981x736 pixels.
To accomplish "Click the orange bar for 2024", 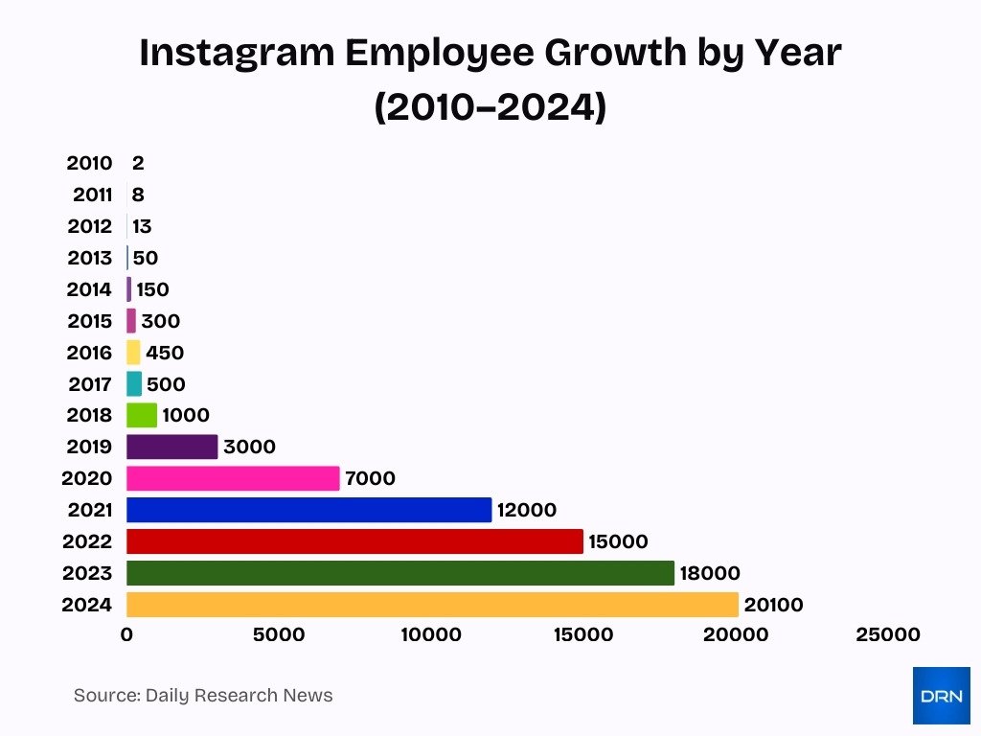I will pos(431,605).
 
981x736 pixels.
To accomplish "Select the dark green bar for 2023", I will pos(399,573).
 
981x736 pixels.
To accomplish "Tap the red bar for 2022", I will pos(354,541).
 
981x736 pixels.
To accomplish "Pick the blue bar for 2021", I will pos(308,510).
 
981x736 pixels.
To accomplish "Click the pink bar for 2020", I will pos(233,478).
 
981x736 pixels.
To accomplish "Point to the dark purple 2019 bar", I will pos(171,447).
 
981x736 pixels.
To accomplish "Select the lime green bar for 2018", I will pos(142,415).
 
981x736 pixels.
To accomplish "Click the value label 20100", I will pos(773,605).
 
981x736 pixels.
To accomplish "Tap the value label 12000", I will pos(527,510).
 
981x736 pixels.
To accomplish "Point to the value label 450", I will pos(165,353).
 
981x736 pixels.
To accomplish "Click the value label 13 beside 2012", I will pos(142,227).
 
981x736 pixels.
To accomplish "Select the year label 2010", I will pos(89,163).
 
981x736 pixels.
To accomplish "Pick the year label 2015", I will pos(89,321).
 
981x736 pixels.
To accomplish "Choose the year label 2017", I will pos(90,384).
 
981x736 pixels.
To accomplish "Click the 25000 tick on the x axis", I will pos(887,634).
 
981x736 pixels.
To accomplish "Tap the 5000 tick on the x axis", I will pos(278,634).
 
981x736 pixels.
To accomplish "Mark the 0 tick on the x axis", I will pos(126,634).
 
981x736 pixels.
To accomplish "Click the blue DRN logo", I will pos(941,695).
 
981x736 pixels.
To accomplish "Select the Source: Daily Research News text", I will pos(203,695).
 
